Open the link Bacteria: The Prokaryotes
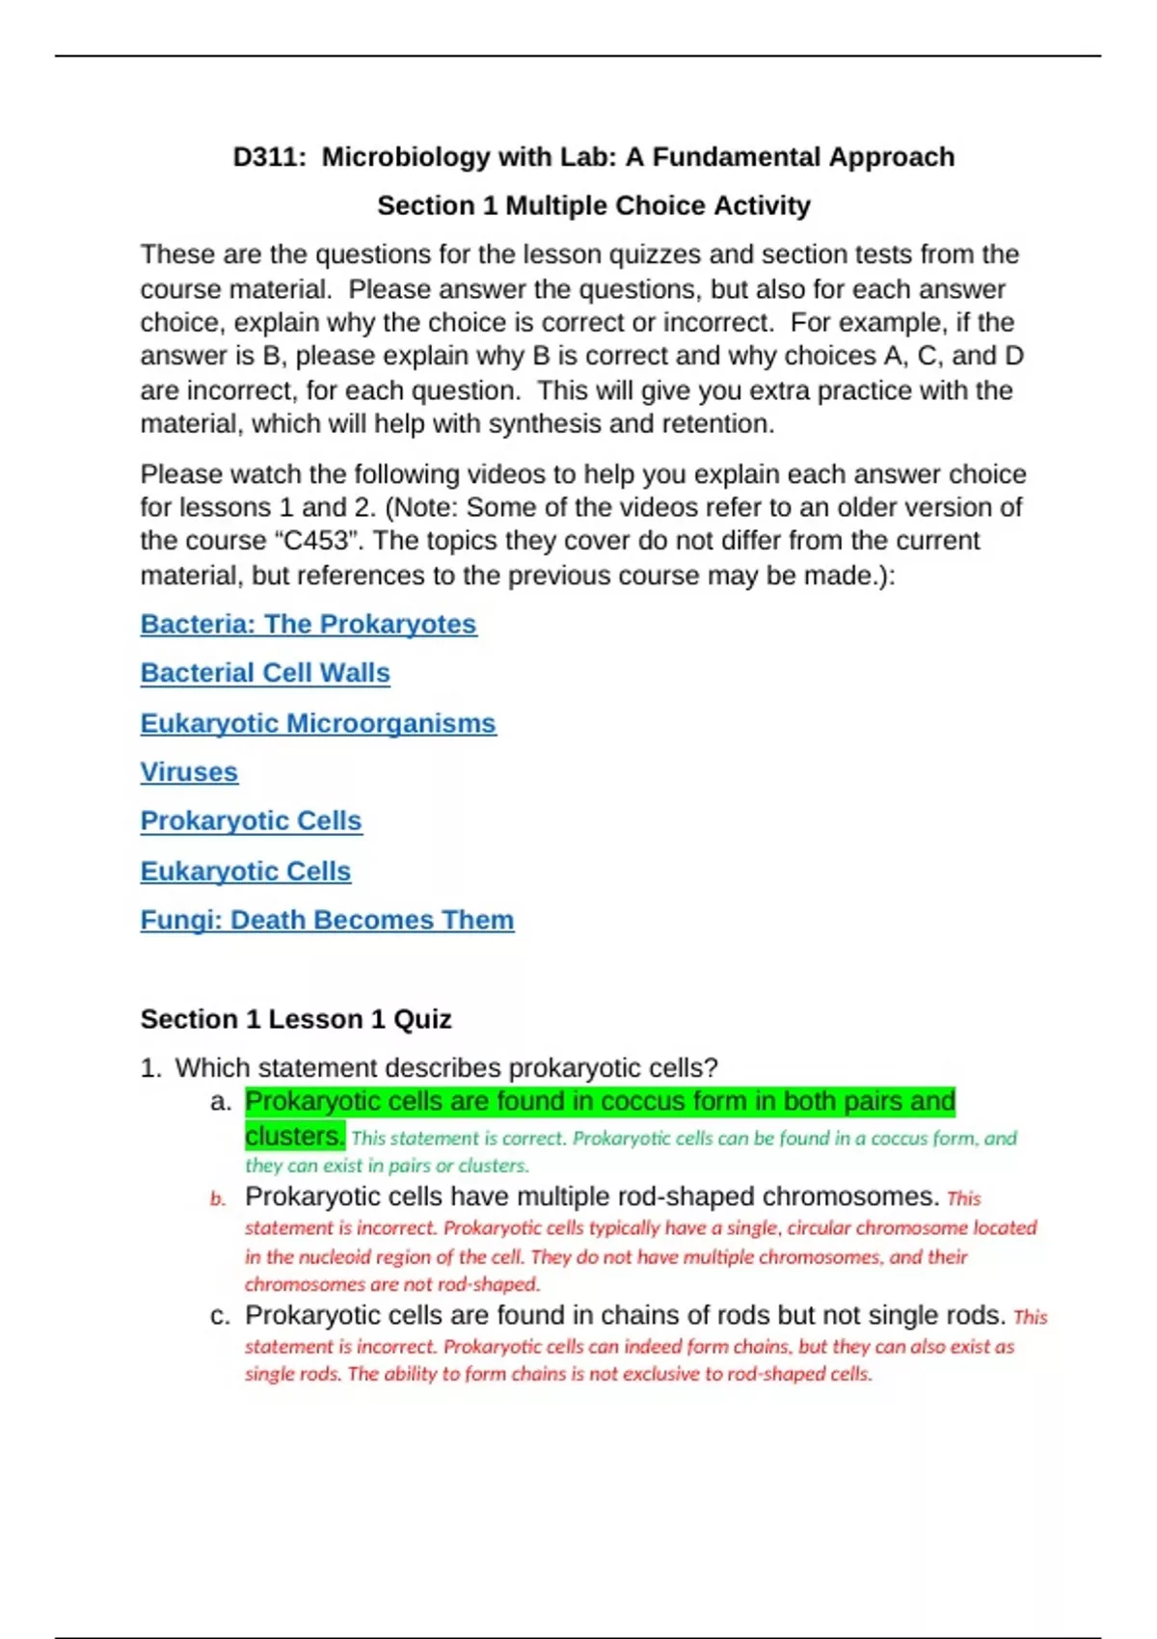point(309,624)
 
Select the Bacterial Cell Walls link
point(265,673)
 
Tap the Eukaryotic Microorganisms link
point(318,723)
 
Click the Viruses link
point(189,772)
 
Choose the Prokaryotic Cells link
point(251,820)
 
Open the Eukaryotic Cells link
point(246,871)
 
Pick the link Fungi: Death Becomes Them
point(327,920)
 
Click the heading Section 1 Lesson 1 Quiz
point(296,1019)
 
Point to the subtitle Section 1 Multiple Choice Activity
point(594,205)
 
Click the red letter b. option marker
point(219,1198)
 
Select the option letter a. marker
point(221,1102)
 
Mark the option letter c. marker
point(220,1316)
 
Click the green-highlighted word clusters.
point(294,1137)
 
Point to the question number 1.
point(150,1068)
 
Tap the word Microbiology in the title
point(406,157)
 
